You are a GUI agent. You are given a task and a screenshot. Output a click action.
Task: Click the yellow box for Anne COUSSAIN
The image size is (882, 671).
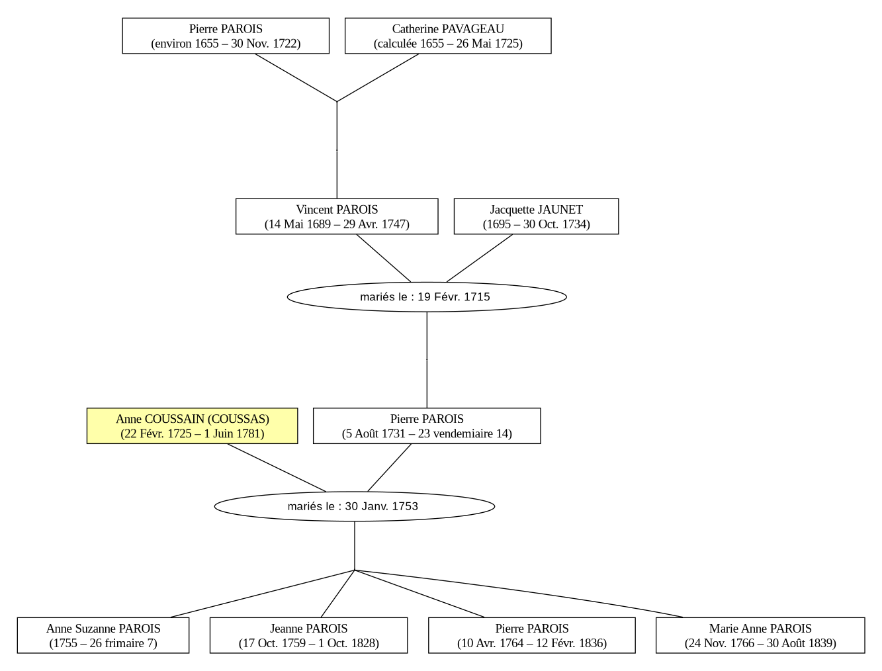point(192,426)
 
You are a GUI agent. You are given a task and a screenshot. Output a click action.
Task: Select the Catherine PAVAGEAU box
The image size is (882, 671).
point(448,36)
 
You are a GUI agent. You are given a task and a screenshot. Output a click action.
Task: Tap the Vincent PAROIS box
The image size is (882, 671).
point(337,216)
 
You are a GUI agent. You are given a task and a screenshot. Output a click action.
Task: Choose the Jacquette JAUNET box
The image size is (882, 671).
point(536,216)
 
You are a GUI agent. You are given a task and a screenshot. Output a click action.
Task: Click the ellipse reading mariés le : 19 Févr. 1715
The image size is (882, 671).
point(427,297)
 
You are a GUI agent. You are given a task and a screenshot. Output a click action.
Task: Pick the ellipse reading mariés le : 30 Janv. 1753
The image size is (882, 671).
point(355,506)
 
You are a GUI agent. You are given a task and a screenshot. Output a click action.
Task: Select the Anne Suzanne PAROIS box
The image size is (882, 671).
point(103,635)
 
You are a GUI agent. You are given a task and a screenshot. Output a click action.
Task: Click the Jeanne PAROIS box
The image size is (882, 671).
point(308,635)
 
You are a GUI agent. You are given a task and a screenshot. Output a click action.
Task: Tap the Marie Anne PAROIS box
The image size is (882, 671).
point(760,635)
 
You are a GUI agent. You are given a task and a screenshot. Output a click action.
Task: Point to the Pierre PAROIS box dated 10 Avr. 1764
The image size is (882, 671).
point(531,635)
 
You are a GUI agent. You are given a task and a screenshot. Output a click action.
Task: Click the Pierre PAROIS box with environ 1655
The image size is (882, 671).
point(226,36)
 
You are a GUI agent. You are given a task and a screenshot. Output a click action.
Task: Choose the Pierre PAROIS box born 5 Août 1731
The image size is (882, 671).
point(427,426)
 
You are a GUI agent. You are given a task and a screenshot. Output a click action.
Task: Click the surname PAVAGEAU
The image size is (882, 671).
point(472,29)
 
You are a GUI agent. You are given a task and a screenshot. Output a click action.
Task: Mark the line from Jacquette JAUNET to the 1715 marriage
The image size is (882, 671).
point(479,258)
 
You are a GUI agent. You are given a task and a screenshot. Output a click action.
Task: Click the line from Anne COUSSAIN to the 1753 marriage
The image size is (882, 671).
point(277,468)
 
